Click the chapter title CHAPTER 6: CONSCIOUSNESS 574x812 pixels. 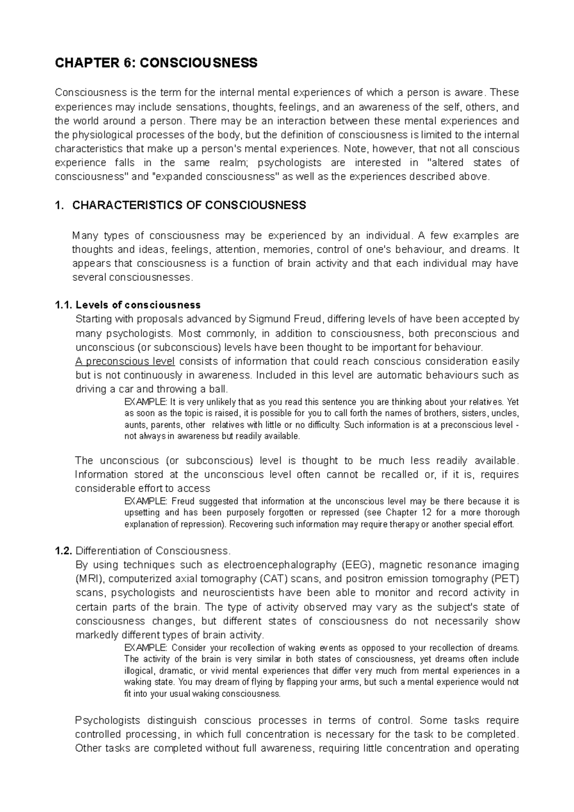[156, 63]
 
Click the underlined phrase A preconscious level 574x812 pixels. [125, 361]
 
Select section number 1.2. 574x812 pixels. [64, 551]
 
